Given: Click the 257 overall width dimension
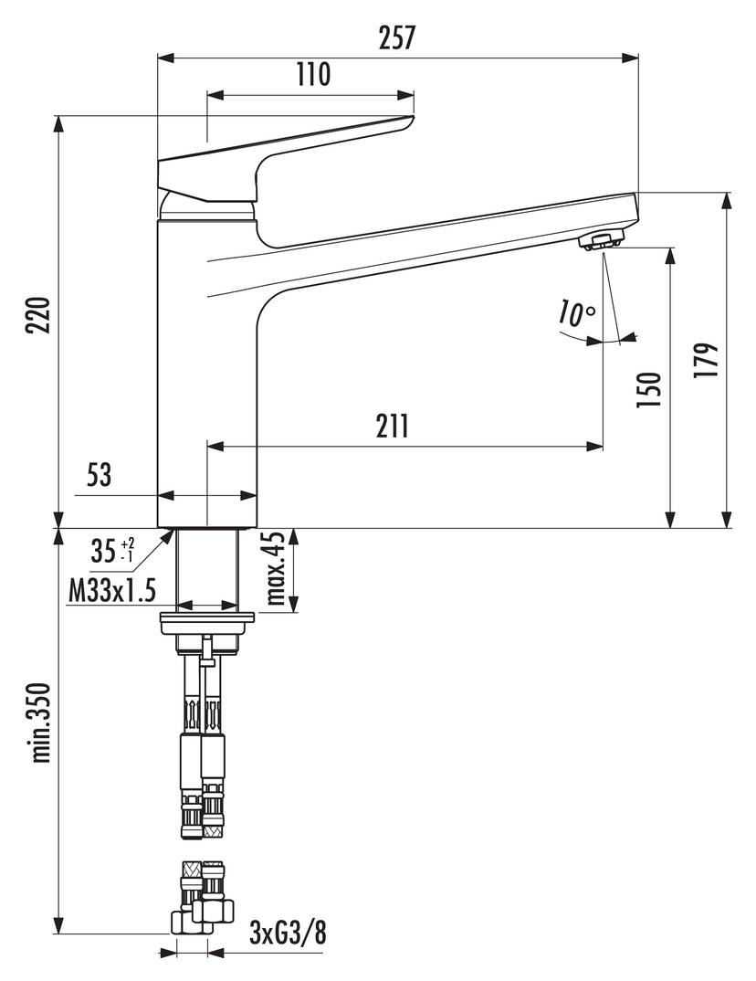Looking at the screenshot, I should click(x=397, y=38).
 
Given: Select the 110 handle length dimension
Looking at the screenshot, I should click(x=312, y=75).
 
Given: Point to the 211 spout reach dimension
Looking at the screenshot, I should click(x=392, y=426).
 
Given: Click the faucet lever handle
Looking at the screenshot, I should click(x=283, y=150).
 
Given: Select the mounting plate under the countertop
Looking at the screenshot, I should click(x=207, y=623).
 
